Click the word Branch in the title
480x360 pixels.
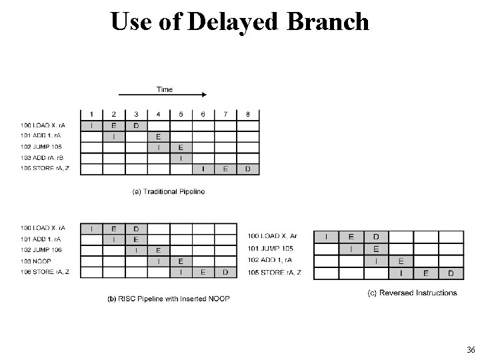coord(328,21)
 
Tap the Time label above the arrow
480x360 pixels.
coord(164,89)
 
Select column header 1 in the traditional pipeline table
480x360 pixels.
coord(91,115)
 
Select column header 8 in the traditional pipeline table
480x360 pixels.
coord(248,115)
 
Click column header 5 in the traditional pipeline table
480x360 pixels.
coord(181,115)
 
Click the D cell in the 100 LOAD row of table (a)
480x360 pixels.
coord(136,125)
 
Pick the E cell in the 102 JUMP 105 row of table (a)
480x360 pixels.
coord(181,147)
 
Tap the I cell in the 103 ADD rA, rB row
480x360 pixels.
coord(181,158)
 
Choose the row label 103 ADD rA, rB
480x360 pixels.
coord(41,158)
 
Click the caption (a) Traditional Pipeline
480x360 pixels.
coord(169,192)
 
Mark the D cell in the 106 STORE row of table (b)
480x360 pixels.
coord(225,272)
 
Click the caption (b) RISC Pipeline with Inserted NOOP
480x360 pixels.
coord(169,299)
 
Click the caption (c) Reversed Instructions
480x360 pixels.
coord(413,293)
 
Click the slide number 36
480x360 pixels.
coord(471,351)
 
